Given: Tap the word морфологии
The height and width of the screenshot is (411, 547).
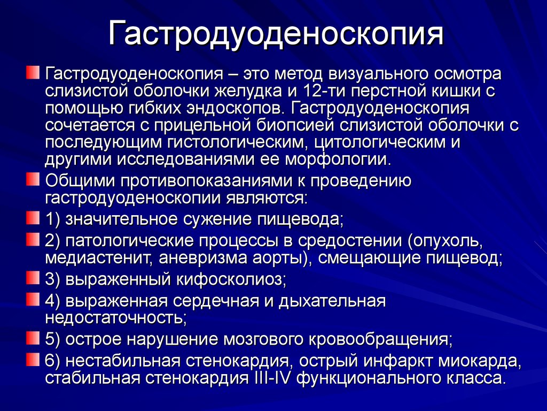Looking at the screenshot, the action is click(337, 159).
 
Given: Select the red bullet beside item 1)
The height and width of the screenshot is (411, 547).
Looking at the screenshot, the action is click(33, 218).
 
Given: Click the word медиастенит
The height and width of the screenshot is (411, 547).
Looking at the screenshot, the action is click(99, 258).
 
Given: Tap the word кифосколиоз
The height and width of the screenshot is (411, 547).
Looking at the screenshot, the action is click(231, 279).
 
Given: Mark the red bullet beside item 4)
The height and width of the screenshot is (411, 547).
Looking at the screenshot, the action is click(33, 300).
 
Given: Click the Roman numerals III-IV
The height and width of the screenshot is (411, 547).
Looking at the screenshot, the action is click(271, 378).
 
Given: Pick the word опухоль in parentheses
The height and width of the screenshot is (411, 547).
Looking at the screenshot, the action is click(444, 241).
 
